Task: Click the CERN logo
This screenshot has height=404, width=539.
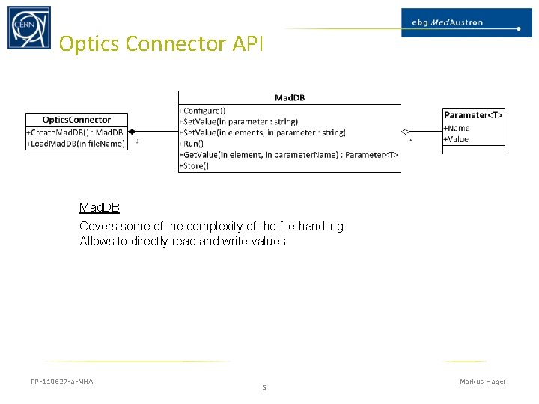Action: [x=29, y=28]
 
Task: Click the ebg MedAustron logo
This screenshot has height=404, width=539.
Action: [x=460, y=22]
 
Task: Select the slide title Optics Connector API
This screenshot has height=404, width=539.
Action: [x=161, y=44]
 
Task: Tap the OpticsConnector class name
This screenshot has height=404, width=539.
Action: [x=76, y=120]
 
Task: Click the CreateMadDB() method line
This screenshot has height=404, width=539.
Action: [x=76, y=132]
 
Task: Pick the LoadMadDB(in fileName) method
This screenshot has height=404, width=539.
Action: [x=76, y=144]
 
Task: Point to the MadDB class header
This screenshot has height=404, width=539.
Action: [x=289, y=97]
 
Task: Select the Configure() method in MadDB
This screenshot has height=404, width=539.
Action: [x=204, y=111]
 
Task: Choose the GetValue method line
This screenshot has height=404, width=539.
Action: [x=289, y=155]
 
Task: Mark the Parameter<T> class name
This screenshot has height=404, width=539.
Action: [x=473, y=115]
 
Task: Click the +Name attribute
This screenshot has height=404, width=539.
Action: [x=457, y=129]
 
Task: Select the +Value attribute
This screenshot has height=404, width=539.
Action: [x=456, y=139]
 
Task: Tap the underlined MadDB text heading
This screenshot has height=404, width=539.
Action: [x=100, y=208]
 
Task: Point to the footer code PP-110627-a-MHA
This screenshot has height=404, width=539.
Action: [x=62, y=382]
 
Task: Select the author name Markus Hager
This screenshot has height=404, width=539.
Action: [x=482, y=382]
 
